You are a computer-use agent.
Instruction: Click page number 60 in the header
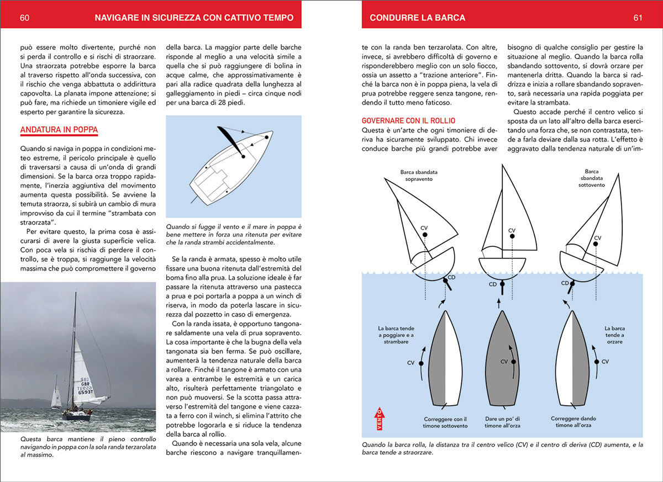24,18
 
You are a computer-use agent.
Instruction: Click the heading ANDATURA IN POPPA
59,130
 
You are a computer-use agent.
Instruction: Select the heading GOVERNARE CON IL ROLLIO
408,120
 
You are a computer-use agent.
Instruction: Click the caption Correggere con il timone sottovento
445,422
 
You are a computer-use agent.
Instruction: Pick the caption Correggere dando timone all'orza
571,422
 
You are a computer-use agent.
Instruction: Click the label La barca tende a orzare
614,335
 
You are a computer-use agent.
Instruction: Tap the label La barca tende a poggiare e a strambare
393,335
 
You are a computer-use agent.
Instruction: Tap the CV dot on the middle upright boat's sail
512,236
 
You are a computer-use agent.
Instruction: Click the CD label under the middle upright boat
493,284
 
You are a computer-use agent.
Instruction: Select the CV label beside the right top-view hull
605,362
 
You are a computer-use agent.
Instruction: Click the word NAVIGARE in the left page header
117,18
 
